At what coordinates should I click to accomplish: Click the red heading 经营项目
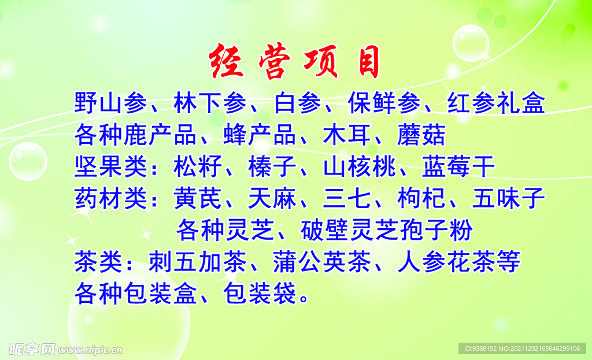pyautogui.click(x=295, y=61)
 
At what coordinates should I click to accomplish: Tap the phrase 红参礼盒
pyautogui.click(x=496, y=103)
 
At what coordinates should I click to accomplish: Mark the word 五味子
pyautogui.click(x=509, y=199)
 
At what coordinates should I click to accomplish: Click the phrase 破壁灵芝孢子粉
pyautogui.click(x=387, y=230)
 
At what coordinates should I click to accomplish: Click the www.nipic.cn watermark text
pyautogui.click(x=91, y=350)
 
